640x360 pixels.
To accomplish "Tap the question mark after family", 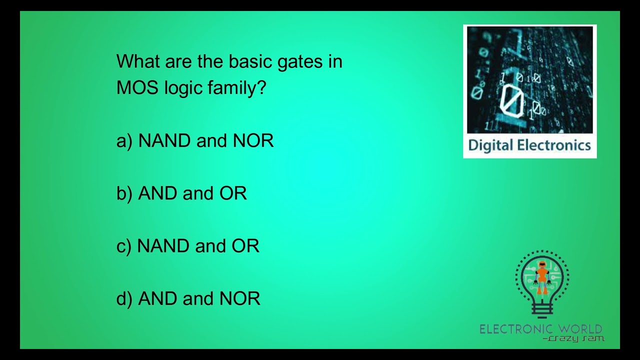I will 261,88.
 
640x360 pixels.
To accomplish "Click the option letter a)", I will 124,141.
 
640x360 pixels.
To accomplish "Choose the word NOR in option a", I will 253,141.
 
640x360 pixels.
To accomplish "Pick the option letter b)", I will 124,193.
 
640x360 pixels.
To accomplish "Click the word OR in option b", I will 233,193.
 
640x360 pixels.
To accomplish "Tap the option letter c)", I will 123,246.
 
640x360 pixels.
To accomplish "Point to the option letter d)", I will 124,298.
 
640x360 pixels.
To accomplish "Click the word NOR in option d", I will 240,298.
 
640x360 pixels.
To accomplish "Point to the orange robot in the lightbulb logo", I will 542,276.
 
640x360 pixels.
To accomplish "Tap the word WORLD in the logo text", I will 580,329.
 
